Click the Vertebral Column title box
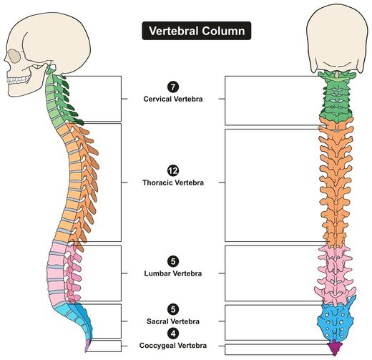(197, 31)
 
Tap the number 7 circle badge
(173, 87)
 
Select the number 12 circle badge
(173, 170)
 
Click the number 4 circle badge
(173, 334)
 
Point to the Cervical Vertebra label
(173, 99)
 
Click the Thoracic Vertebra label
(173, 183)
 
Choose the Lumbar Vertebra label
(173, 273)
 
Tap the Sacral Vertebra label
(173, 321)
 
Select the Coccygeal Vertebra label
(173, 346)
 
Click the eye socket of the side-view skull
(14, 57)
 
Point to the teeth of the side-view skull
(19, 79)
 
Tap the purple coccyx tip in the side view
(88, 346)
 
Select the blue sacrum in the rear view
(336, 321)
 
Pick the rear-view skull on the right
(337, 42)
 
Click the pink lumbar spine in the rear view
(336, 274)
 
